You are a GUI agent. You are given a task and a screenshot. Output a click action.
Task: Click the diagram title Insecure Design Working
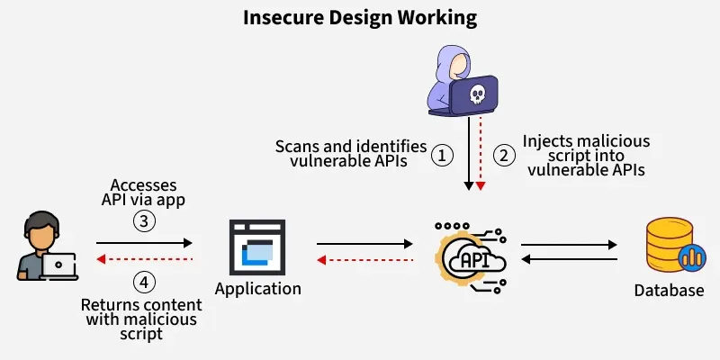(x=360, y=18)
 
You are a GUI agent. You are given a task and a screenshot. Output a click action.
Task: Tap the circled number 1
(x=441, y=155)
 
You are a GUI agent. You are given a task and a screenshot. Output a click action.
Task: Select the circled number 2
(x=505, y=155)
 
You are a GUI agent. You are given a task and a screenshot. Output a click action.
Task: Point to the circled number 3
(x=144, y=220)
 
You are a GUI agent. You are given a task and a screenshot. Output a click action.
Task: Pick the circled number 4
(x=144, y=282)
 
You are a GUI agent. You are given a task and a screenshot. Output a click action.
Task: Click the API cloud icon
(x=472, y=259)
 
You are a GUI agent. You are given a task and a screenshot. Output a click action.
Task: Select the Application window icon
(x=257, y=247)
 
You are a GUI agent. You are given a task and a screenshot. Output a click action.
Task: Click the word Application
(x=258, y=289)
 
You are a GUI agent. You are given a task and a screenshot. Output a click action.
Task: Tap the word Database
(x=669, y=290)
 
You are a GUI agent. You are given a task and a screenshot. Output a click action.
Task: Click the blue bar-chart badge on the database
(x=692, y=257)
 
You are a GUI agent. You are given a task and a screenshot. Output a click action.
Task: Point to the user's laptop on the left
(x=59, y=265)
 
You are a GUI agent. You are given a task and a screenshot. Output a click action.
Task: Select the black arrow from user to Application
(x=144, y=242)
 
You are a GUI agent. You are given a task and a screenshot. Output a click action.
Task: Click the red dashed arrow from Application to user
(x=144, y=259)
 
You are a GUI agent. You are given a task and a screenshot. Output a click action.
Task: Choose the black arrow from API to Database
(x=569, y=243)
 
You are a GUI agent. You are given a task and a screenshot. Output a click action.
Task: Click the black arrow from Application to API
(x=364, y=242)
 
